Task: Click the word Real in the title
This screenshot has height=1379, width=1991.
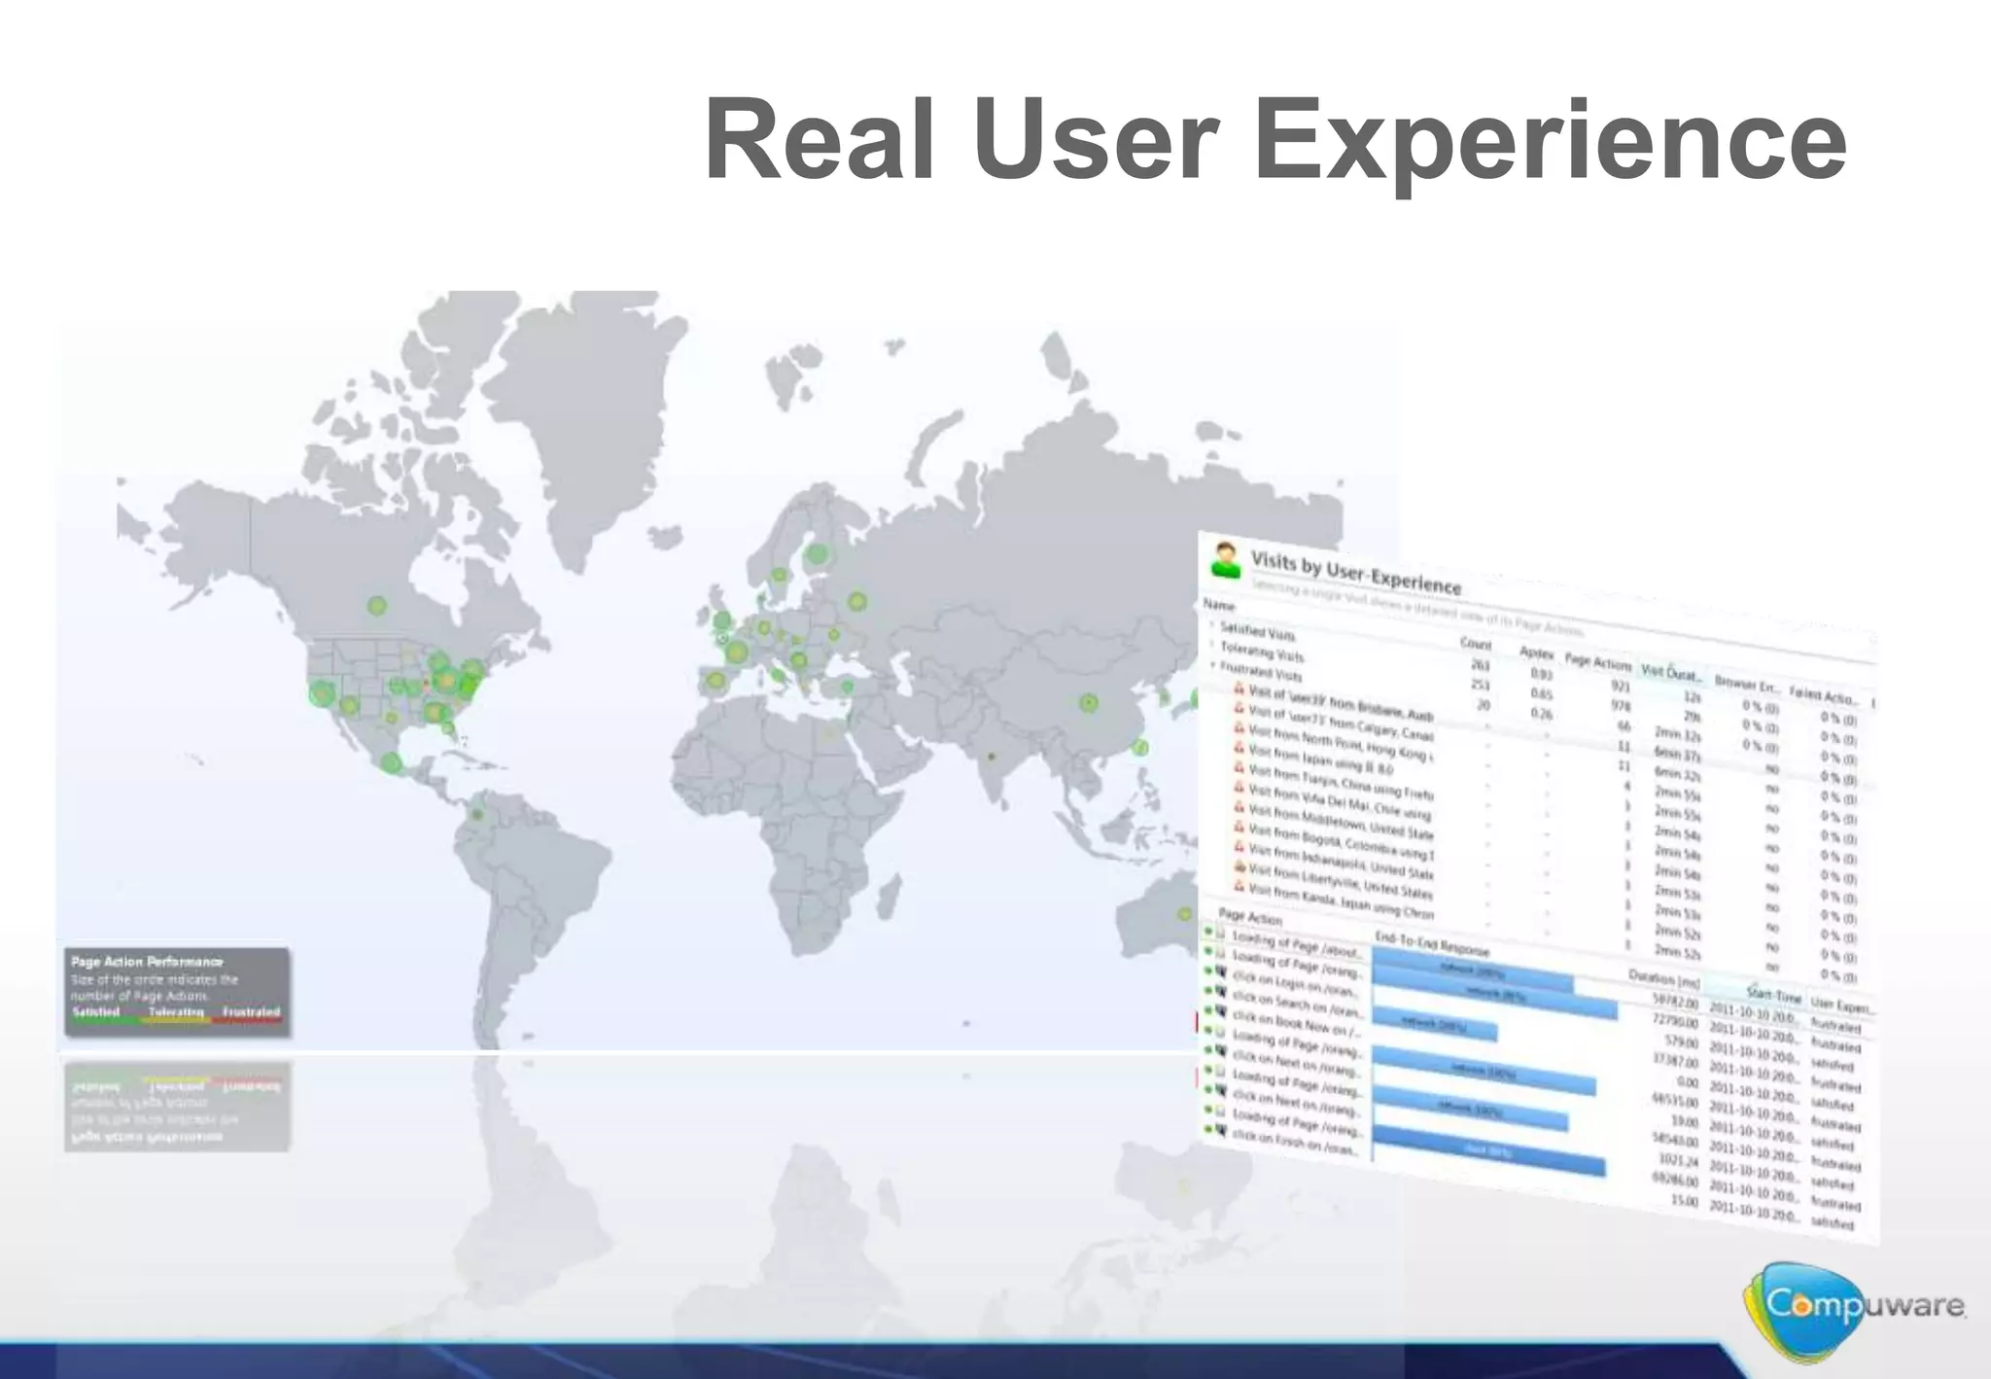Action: (821, 141)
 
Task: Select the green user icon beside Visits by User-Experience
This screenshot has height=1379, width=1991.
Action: (1227, 561)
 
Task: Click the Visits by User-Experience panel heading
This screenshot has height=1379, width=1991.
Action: (1355, 571)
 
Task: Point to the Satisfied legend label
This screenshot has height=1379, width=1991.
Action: (96, 1012)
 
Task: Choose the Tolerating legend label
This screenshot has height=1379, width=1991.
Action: (176, 1012)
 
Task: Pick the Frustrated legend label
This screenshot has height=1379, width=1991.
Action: (251, 1012)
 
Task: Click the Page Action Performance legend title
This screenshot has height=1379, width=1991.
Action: (147, 962)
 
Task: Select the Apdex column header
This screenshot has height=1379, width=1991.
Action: (1536, 654)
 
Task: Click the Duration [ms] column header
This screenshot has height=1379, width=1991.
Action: (1663, 977)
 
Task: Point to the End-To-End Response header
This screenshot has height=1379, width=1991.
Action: (1431, 943)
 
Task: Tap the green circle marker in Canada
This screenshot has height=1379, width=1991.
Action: (377, 606)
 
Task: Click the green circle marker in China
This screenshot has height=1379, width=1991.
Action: (1089, 701)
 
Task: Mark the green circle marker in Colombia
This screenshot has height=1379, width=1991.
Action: (476, 815)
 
